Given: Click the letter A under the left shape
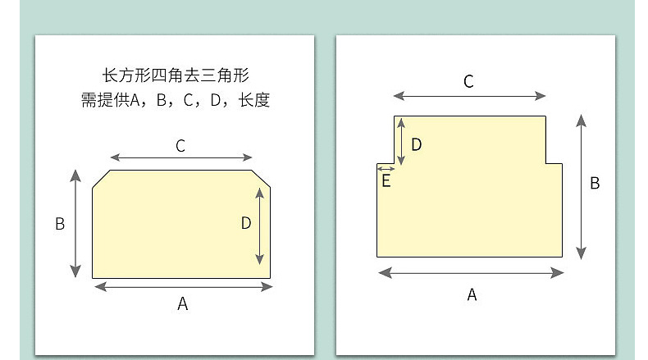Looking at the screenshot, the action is (x=183, y=304).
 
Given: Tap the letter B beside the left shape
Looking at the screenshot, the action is (x=60, y=224).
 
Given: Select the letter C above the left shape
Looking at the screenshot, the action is (x=180, y=146).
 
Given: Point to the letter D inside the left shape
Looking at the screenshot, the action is (x=246, y=223).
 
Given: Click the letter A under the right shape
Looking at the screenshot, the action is (x=472, y=295).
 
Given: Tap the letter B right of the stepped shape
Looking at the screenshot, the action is (x=596, y=183).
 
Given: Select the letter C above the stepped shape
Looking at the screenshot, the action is (x=468, y=81).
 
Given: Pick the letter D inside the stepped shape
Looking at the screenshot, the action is (x=416, y=145).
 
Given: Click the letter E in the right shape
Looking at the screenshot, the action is (x=386, y=181).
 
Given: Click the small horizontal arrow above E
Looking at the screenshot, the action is (x=386, y=168).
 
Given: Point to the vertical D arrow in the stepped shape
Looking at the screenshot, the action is (x=400, y=141).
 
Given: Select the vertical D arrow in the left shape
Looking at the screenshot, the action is (x=260, y=224).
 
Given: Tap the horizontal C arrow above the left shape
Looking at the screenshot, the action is (x=181, y=157).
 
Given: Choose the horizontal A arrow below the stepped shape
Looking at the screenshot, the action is (x=471, y=272).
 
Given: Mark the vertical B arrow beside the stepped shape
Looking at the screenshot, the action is (x=582, y=186).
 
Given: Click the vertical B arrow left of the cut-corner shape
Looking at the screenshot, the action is (x=76, y=223).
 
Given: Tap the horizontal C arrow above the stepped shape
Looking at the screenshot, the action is (x=469, y=95).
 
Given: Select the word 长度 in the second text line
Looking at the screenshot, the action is (x=254, y=102).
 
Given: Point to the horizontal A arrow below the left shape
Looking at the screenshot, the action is (x=184, y=286).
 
